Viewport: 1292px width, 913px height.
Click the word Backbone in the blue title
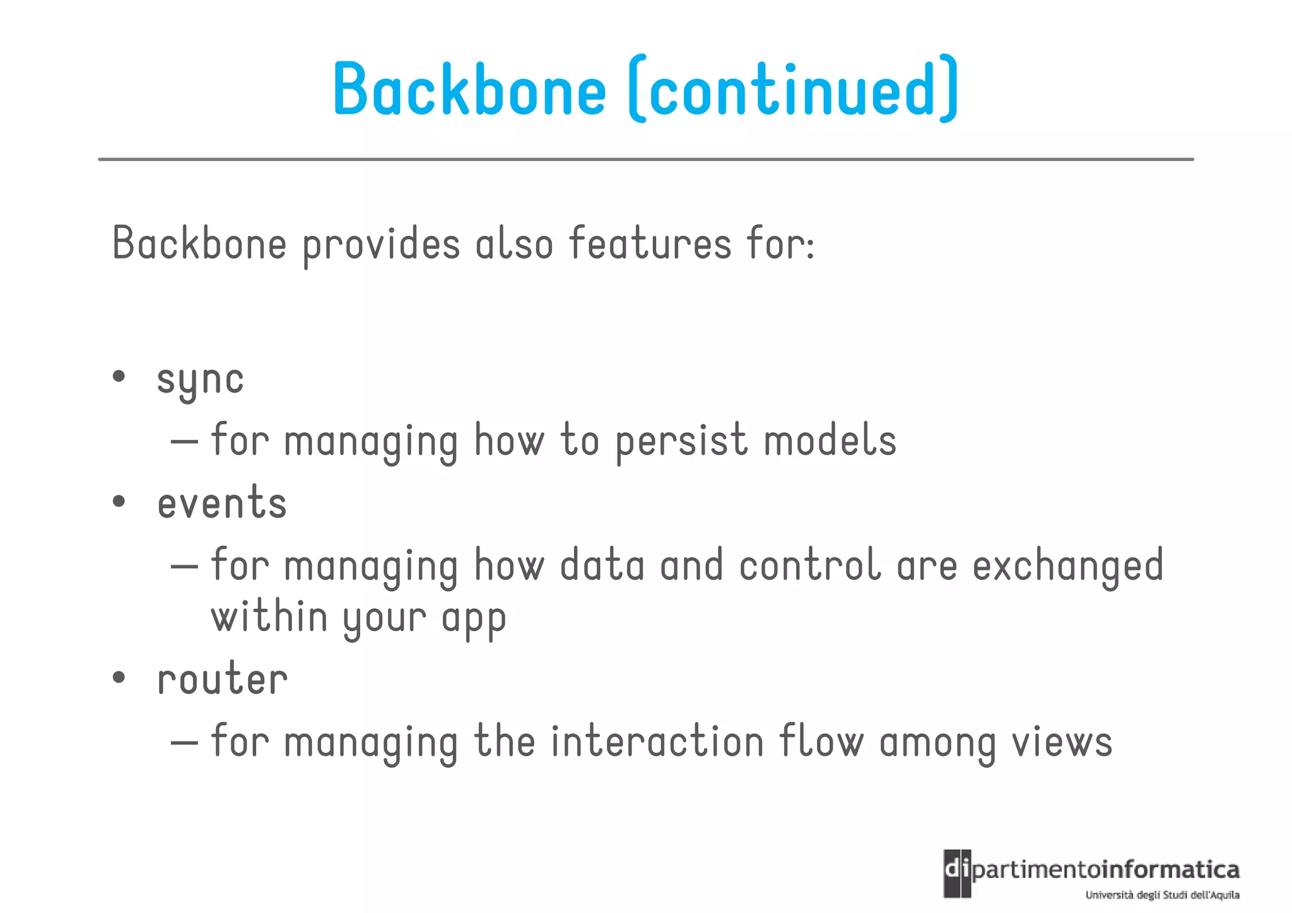pyautogui.click(x=469, y=90)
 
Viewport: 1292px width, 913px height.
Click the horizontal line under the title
pyautogui.click(x=645, y=160)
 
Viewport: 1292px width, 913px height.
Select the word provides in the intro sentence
pyautogui.click(x=381, y=245)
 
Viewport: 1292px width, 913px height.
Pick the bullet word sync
pyautogui.click(x=200, y=380)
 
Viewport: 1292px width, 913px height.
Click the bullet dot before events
pyautogui.click(x=119, y=503)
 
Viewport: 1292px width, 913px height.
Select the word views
pyautogui.click(x=1062, y=742)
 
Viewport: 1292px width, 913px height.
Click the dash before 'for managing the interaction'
pyautogui.click(x=184, y=742)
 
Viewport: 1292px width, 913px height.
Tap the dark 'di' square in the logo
pyautogui.click(x=957, y=874)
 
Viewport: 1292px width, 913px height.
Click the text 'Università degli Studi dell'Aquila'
pyautogui.click(x=1162, y=895)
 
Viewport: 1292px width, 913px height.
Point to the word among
pyautogui.click(x=937, y=743)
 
